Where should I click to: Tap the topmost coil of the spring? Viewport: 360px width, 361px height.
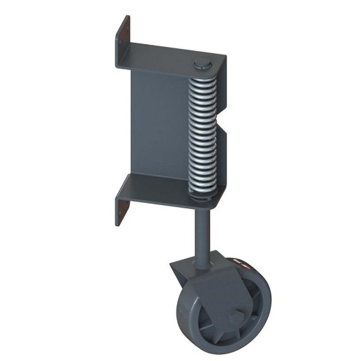click(202, 78)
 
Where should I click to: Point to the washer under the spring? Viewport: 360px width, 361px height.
click(202, 198)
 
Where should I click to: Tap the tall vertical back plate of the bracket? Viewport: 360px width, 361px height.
click(157, 123)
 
